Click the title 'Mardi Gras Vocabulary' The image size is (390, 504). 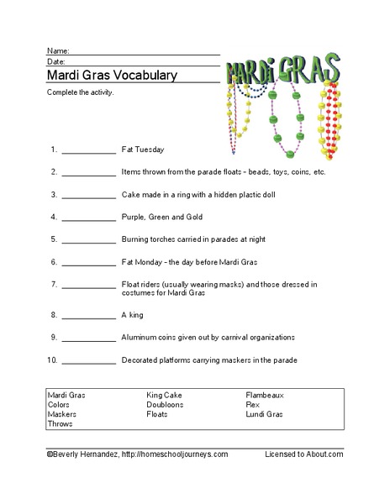coord(111,75)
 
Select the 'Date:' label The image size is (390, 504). coord(56,61)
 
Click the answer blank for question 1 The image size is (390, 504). coord(88,152)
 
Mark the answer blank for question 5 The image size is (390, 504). coord(88,240)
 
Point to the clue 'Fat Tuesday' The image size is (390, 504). coord(143,150)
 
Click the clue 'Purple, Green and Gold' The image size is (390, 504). coord(161,216)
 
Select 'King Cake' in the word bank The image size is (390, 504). coord(165,394)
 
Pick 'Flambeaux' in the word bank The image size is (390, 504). coord(265,394)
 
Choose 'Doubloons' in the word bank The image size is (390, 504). coord(166,404)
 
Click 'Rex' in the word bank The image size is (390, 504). coord(252,404)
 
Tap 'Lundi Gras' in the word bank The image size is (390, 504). coord(265,414)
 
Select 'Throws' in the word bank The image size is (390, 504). coord(61,424)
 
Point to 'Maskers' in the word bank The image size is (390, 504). coord(62,414)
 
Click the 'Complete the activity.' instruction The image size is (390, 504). coord(81,92)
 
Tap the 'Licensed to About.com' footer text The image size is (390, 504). coord(304,454)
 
